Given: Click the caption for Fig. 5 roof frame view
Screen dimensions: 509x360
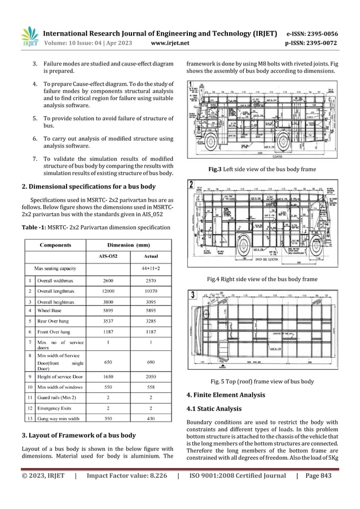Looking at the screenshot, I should click(262, 381).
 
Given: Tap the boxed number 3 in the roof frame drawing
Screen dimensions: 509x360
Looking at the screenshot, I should click(193, 294).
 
